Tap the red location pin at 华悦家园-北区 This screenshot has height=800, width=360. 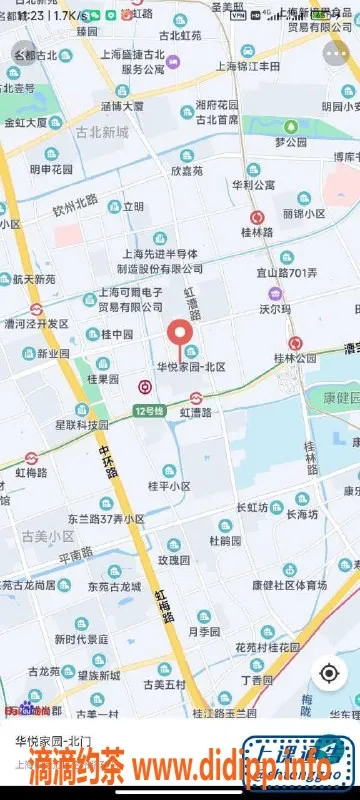tap(180, 336)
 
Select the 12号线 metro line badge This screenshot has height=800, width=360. tap(149, 411)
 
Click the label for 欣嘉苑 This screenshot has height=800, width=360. tap(186, 171)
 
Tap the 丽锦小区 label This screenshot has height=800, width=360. tap(304, 214)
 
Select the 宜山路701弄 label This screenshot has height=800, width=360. tap(284, 273)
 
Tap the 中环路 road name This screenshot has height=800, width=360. tap(107, 460)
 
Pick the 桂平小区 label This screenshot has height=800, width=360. tap(168, 486)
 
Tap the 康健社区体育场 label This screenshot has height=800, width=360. tap(289, 584)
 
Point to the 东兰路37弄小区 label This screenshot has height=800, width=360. tap(106, 519)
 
